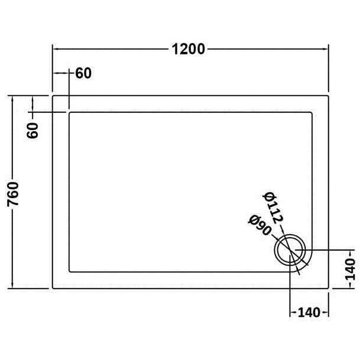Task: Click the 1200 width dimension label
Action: pyautogui.click(x=189, y=49)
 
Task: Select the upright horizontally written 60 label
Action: pyautogui.click(x=84, y=73)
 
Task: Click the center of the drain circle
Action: pyautogui.click(x=290, y=248)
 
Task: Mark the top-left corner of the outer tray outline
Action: pyautogui.click(x=53, y=94)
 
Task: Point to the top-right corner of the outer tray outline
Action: pyautogui.click(x=329, y=94)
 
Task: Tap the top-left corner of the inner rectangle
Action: pyautogui.click(x=70, y=111)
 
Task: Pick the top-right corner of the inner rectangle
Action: pyautogui.click(x=312, y=111)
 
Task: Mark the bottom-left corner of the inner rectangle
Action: pyautogui.click(x=70, y=271)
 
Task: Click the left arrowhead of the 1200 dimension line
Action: pyautogui.click(x=55, y=49)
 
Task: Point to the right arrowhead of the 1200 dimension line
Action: pyautogui.click(x=327, y=49)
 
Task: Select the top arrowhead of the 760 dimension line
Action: pyautogui.click(x=13, y=96)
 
